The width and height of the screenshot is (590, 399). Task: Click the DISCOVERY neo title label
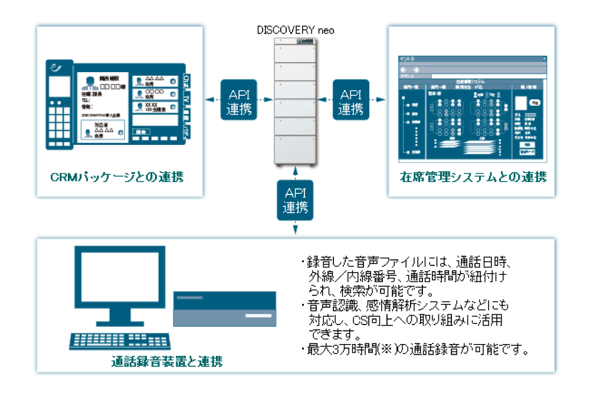296,30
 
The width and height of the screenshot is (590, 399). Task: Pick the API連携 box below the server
295,199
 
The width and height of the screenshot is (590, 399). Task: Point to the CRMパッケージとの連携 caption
116,177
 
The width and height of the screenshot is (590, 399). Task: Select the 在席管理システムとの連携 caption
473,177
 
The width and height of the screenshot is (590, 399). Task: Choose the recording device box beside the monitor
224,309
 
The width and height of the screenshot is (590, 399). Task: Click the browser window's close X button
544,59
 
